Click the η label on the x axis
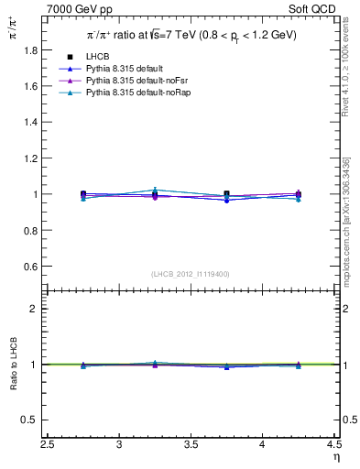335,456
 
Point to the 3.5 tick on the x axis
191,444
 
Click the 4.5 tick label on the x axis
334,444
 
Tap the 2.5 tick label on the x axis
49,444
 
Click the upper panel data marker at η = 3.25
155,194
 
